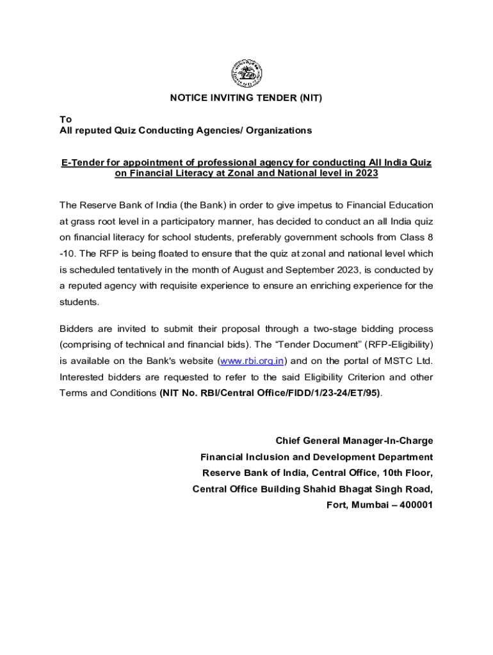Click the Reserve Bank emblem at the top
[x=246, y=73]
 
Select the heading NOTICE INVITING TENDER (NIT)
[x=246, y=98]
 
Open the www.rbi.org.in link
[x=251, y=361]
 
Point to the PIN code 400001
[x=415, y=505]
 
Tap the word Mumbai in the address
[x=368, y=505]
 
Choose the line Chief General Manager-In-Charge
[x=354, y=441]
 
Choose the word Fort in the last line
[x=336, y=505]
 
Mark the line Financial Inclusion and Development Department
[x=316, y=457]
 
